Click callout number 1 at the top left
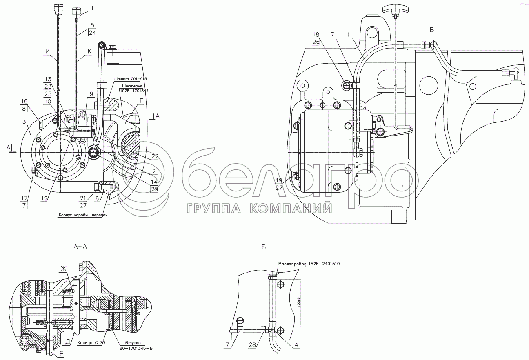coord(92,8)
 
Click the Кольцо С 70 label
coord(90,342)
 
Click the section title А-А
coord(80,247)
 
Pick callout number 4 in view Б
coord(297,345)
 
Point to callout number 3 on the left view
coord(24,122)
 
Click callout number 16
coord(24,101)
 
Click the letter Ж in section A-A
coord(63,268)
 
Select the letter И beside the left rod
coord(48,52)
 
